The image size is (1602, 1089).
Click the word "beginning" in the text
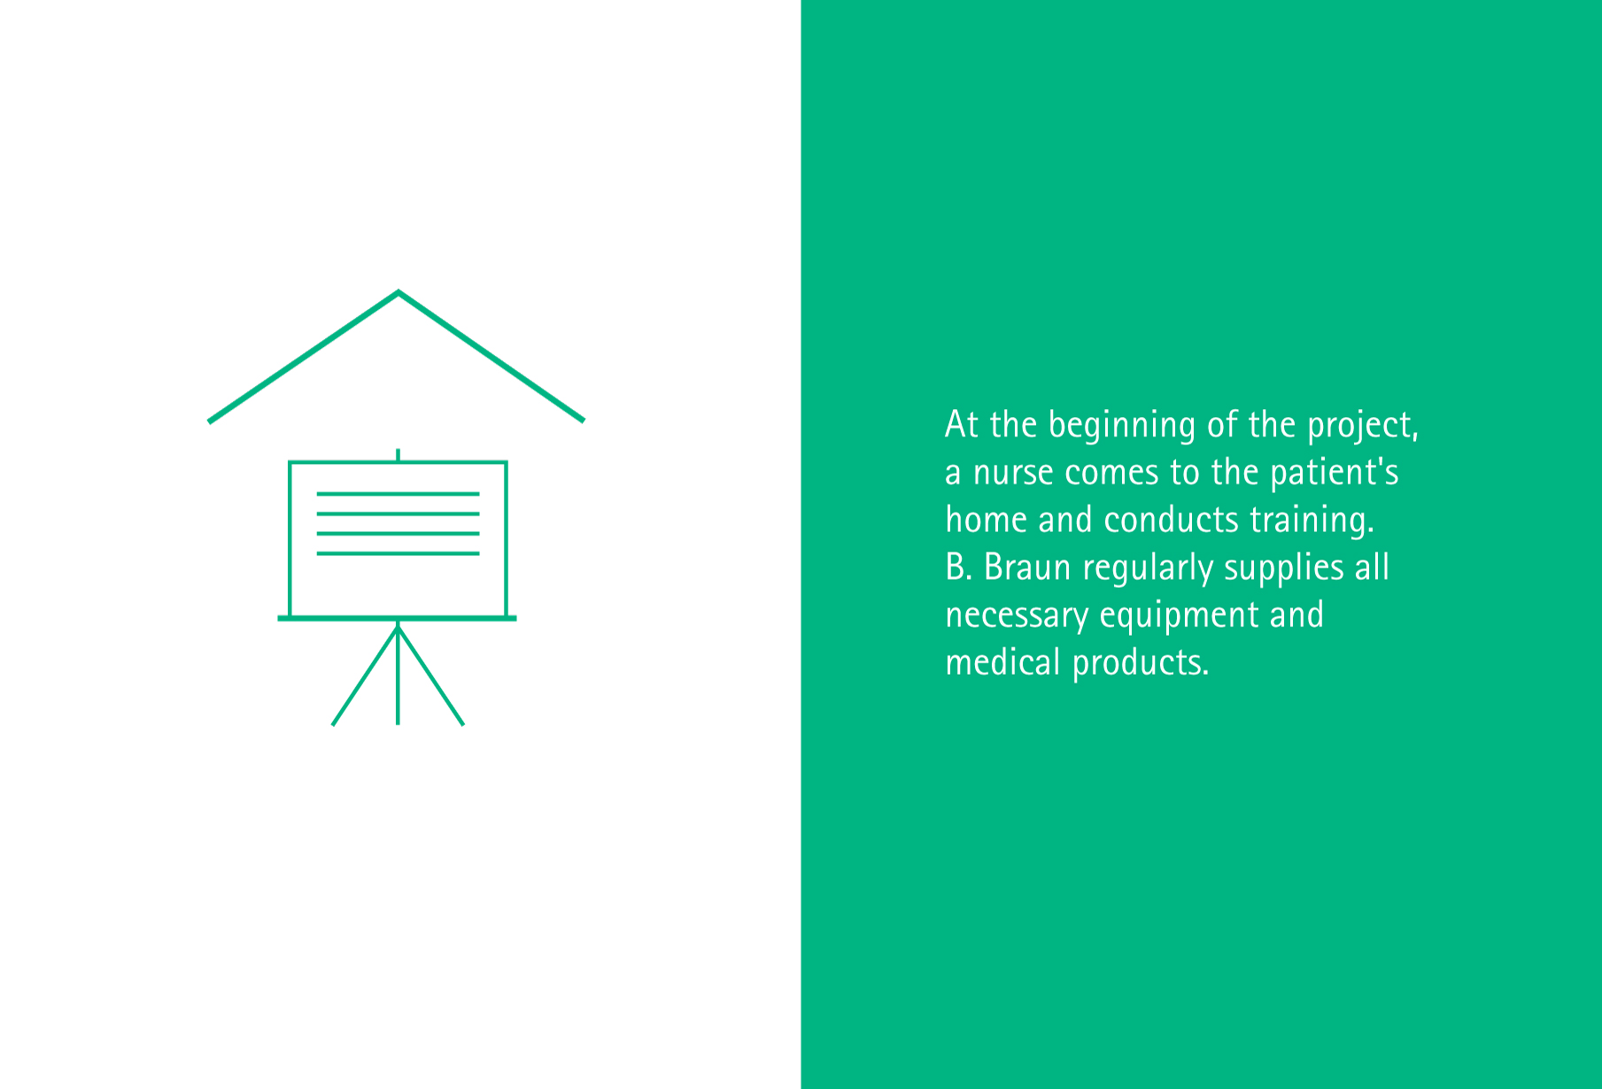click(x=1122, y=426)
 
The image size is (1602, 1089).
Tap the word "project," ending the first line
click(x=1364, y=426)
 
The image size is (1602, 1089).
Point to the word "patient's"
click(x=1335, y=473)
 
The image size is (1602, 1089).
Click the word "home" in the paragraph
click(x=987, y=520)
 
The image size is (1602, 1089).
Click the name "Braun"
click(x=1027, y=568)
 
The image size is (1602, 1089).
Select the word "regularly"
click(x=1148, y=568)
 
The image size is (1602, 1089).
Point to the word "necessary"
click(x=1017, y=616)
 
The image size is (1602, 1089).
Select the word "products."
click(x=1141, y=663)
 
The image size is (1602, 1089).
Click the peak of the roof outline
click(x=399, y=291)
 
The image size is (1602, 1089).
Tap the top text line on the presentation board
click(x=398, y=494)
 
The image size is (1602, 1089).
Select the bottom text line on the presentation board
click(x=398, y=553)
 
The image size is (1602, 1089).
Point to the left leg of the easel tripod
click(x=365, y=675)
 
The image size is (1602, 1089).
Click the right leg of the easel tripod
click(x=431, y=675)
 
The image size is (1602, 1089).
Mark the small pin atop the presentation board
click(x=398, y=455)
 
